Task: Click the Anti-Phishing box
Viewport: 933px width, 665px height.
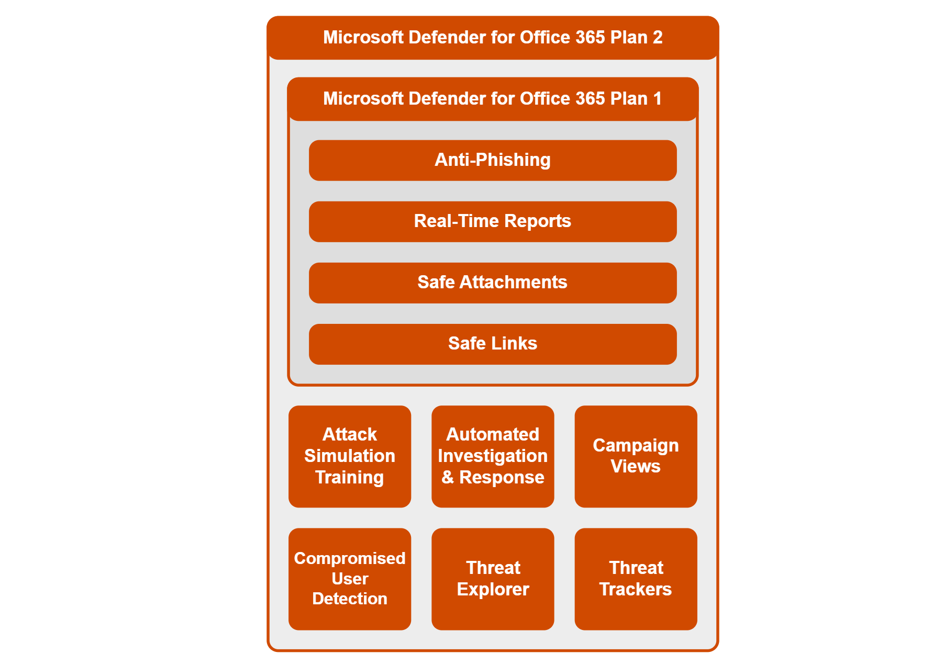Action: (492, 160)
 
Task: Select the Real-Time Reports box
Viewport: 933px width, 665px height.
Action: (492, 221)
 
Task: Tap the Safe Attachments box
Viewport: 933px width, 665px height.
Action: (492, 283)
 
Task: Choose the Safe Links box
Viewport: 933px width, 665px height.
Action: (492, 344)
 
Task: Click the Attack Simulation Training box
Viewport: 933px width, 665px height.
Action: (350, 456)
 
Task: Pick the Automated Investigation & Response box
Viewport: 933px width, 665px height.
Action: (493, 456)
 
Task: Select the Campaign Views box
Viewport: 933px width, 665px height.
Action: (636, 456)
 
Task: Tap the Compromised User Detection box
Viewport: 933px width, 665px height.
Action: (350, 579)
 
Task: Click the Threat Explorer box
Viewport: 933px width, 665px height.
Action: (493, 579)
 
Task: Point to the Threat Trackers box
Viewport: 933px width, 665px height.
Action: (636, 579)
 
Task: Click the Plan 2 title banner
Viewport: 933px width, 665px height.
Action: (492, 38)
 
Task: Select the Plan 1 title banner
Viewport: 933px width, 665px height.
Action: (492, 99)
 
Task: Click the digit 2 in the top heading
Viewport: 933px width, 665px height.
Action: (658, 38)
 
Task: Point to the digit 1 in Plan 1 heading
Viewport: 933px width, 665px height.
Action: (657, 99)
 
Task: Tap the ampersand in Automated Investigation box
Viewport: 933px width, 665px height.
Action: (448, 478)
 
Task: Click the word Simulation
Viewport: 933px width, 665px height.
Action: (350, 456)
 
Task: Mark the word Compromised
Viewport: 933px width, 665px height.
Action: (350, 558)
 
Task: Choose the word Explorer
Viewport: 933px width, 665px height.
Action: (493, 590)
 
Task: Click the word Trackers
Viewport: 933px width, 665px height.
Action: (636, 590)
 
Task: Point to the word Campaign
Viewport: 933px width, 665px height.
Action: (636, 445)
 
